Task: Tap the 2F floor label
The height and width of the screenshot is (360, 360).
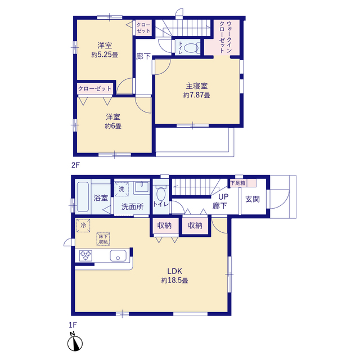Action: (x=75, y=165)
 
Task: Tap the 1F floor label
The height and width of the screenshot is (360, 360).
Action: (x=73, y=325)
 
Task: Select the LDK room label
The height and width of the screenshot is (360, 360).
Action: (x=174, y=271)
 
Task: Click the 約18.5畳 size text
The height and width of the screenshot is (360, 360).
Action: (x=174, y=280)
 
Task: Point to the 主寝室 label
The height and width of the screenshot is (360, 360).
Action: (x=196, y=86)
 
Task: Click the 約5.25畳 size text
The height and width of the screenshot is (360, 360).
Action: (x=105, y=55)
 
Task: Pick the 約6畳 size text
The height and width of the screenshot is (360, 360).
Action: (x=113, y=126)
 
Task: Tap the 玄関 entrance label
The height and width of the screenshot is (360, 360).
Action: (x=253, y=199)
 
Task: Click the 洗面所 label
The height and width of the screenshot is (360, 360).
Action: (x=132, y=206)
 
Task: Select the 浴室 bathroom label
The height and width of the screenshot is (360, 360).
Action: (x=101, y=198)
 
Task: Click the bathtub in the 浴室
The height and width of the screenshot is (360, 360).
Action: (x=83, y=197)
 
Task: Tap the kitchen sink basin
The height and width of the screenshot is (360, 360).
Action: (x=118, y=255)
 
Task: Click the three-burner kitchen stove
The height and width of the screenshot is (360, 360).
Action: (x=85, y=255)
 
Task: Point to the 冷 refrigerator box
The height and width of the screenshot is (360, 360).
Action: (x=83, y=226)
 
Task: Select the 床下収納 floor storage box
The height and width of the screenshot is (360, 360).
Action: (x=103, y=239)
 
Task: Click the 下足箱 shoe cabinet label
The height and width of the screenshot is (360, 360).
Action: (x=238, y=183)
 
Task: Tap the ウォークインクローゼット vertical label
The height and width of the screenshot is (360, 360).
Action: (x=226, y=37)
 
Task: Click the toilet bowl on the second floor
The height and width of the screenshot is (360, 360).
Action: (x=191, y=48)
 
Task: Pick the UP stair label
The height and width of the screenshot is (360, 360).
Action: (x=223, y=197)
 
